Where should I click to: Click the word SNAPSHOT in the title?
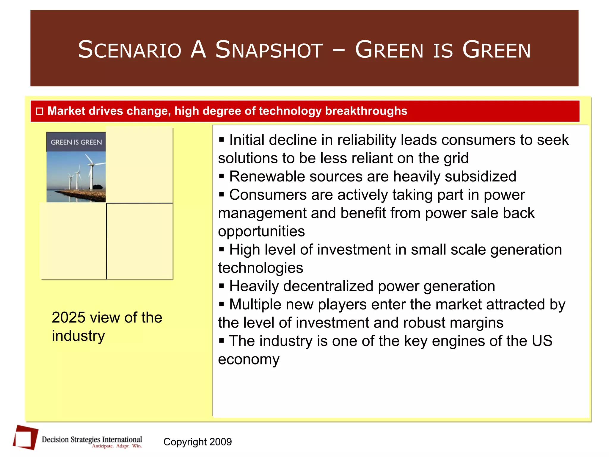tap(269, 50)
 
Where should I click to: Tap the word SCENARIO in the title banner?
tap(130, 50)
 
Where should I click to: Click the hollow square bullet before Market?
tap(40, 111)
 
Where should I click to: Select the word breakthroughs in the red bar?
tap(366, 111)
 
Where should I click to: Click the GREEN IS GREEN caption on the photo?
tap(76, 142)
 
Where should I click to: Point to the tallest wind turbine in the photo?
tap(90, 173)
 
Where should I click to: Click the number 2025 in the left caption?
tap(68, 317)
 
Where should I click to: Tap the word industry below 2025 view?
tap(78, 336)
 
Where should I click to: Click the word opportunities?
tap(261, 231)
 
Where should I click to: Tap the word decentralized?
tap(328, 286)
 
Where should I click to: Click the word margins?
tap(476, 323)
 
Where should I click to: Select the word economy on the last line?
tap(249, 359)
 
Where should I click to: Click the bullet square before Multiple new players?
tap(221, 304)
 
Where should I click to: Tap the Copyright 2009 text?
tap(197, 442)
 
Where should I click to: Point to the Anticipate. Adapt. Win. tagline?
tap(117, 446)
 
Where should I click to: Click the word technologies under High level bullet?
tap(260, 268)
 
